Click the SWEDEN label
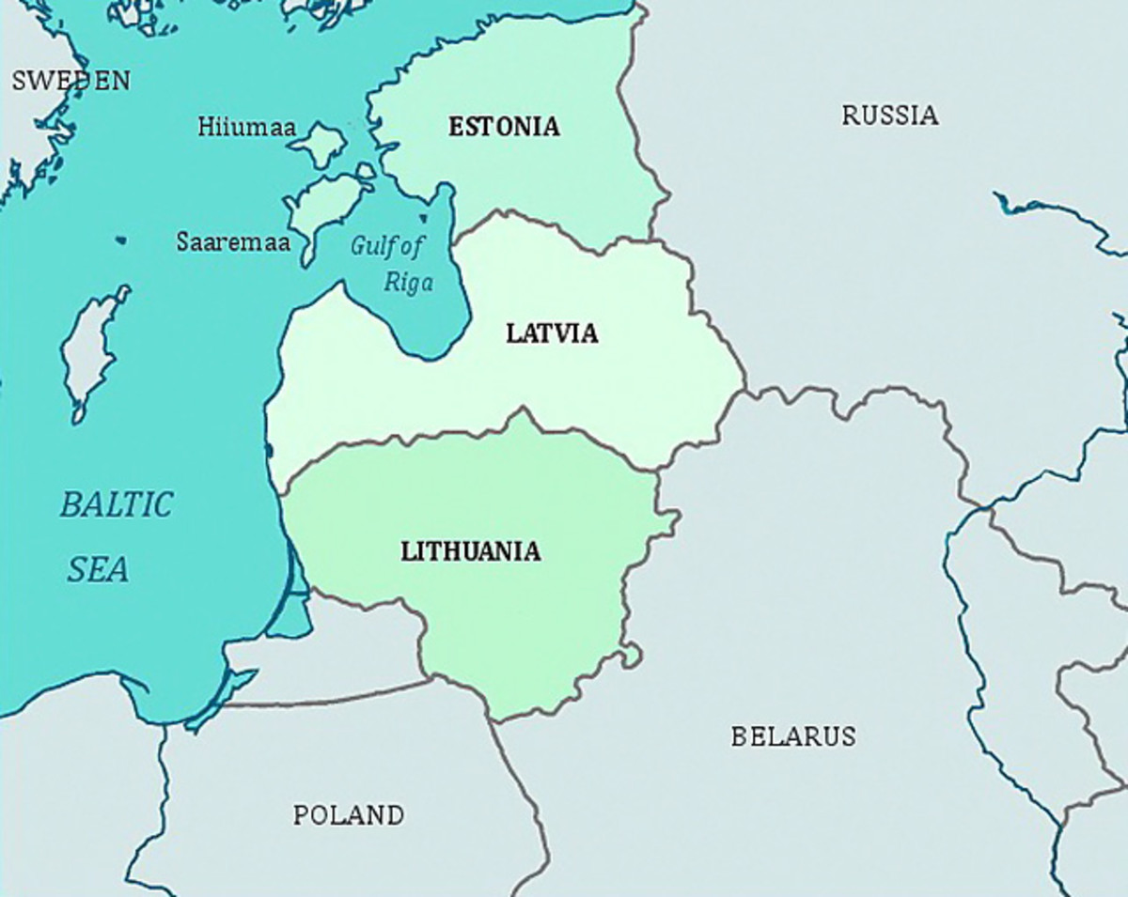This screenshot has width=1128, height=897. tap(70, 81)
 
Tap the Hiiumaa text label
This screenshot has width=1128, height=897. tap(246, 127)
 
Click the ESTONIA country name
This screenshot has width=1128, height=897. tap(504, 126)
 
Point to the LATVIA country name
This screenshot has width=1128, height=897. tap(552, 333)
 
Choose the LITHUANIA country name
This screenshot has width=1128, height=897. tap(471, 551)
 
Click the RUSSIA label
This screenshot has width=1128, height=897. tap(889, 116)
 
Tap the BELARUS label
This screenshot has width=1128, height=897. tap(793, 735)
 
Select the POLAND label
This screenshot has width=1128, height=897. tap(349, 814)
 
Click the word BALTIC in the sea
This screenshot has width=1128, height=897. tap(117, 505)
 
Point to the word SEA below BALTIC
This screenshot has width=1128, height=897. tap(98, 569)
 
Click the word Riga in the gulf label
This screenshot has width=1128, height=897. tap(408, 282)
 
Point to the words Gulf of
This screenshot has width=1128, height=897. tap(387, 247)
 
